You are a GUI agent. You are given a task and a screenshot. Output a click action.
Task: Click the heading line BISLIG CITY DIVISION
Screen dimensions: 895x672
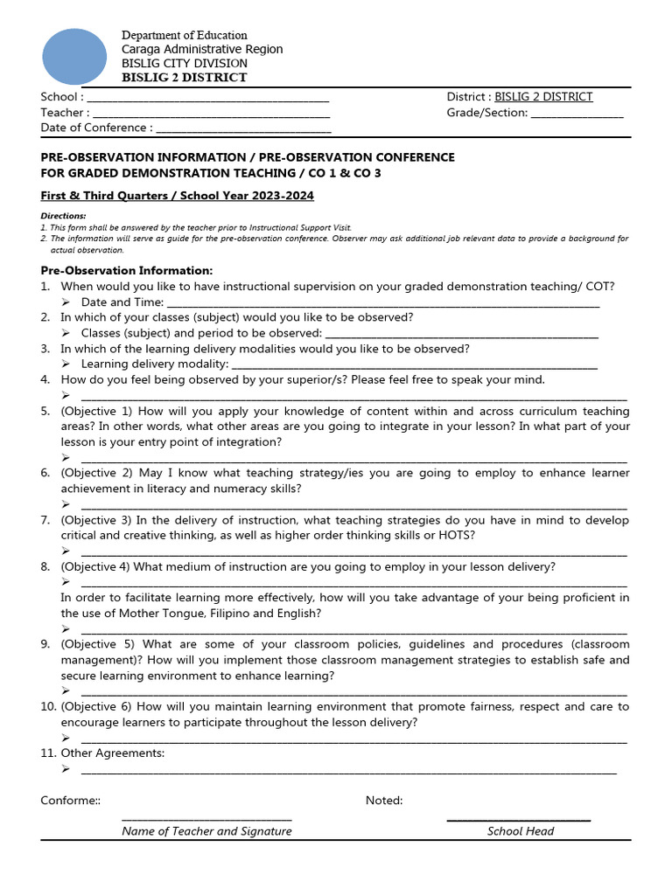[x=184, y=64]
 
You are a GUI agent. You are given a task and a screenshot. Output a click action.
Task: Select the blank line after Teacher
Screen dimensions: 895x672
[x=210, y=114]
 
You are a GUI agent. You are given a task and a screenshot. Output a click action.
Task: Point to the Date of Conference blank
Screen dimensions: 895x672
[x=243, y=129]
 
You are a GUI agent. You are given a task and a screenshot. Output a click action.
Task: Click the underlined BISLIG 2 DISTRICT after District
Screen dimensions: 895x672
[x=543, y=97]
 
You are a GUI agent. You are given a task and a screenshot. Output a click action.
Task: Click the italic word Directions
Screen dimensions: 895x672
[x=63, y=216]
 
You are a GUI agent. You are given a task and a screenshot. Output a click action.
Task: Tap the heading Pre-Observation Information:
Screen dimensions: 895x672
[x=126, y=271]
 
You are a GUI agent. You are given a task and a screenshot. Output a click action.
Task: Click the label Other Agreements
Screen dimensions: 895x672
[x=112, y=753]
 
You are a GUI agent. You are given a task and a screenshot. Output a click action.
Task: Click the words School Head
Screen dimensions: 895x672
[x=521, y=831]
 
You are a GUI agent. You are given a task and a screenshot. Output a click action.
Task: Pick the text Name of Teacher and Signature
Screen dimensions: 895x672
[x=206, y=831]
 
